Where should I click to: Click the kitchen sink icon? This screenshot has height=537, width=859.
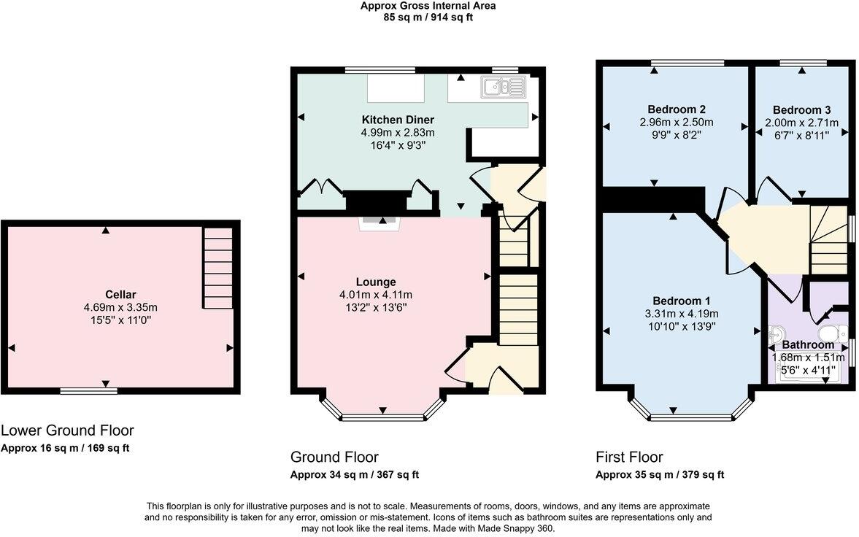tap(502, 88)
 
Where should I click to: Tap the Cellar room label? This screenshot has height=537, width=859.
tap(120, 294)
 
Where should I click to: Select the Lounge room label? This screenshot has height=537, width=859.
tap(376, 282)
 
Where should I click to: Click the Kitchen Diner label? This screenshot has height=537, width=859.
tap(398, 120)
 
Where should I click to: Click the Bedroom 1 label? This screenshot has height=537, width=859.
tap(682, 301)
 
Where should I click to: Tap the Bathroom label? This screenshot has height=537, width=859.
tap(808, 344)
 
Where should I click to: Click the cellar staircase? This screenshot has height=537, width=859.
tap(217, 268)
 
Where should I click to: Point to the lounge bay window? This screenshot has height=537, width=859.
tap(383, 417)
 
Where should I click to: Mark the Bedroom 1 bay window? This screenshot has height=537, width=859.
tap(690, 417)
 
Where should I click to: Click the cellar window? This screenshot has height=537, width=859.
tap(88, 391)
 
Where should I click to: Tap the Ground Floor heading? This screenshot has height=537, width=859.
tap(334, 457)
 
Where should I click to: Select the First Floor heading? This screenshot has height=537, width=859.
tap(629, 457)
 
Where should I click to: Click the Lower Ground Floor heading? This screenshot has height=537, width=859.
tap(67, 430)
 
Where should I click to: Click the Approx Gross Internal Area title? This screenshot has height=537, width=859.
tap(428, 6)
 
